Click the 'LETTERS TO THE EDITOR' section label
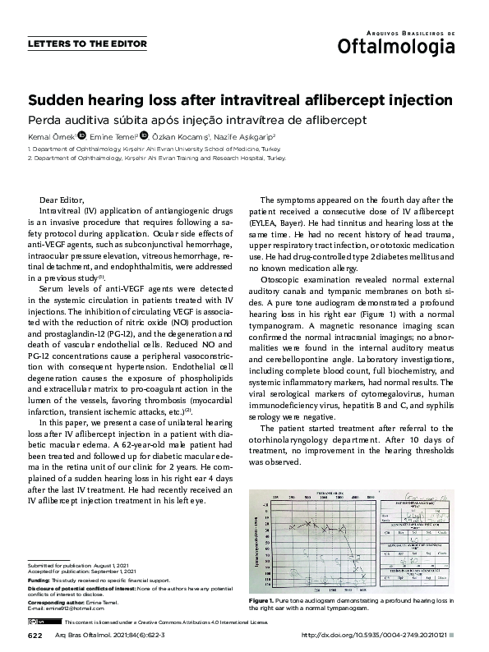(x=88, y=44)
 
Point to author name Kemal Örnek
(x=51, y=136)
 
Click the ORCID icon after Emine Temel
(x=145, y=135)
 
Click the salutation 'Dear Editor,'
(x=62, y=200)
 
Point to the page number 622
(x=35, y=636)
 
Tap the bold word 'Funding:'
(x=39, y=581)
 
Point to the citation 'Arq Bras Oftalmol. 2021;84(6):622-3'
(x=111, y=636)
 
